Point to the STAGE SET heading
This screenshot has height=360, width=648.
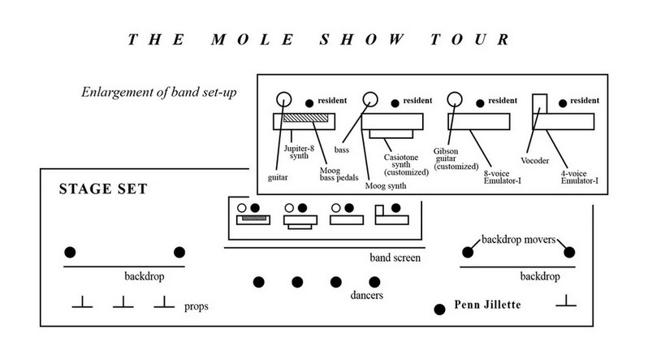click(x=102, y=189)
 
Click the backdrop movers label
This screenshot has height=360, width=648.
click(x=520, y=240)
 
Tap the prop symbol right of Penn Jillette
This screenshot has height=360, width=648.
click(x=566, y=303)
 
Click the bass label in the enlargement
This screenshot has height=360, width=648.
click(x=341, y=150)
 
